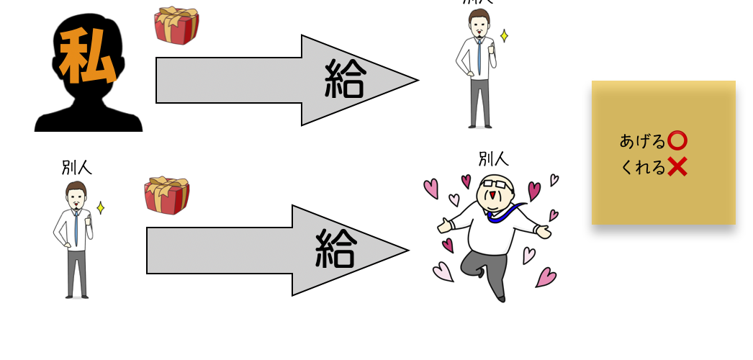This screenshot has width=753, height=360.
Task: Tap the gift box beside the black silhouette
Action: click(x=176, y=26)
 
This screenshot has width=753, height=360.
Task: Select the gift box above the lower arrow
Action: click(x=166, y=196)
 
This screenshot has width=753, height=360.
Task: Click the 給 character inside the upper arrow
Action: click(x=345, y=78)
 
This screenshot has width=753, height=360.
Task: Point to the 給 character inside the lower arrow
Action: click(x=335, y=249)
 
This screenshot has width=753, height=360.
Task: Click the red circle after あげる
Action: click(x=677, y=140)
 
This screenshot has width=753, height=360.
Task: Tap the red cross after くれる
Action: click(x=677, y=167)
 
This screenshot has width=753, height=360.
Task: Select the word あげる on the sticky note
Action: click(x=642, y=141)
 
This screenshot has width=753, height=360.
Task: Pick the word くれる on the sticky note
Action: click(x=642, y=168)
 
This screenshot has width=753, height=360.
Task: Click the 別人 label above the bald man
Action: click(x=494, y=159)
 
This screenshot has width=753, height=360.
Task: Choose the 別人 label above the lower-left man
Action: click(x=76, y=168)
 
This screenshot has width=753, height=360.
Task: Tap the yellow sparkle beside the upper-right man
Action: click(x=504, y=36)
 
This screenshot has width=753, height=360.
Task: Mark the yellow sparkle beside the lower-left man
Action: click(x=100, y=208)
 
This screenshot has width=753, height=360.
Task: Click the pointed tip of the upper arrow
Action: click(x=417, y=80)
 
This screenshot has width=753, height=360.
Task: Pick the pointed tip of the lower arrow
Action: click(x=407, y=251)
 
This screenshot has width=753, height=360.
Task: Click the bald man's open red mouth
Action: click(x=492, y=197)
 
